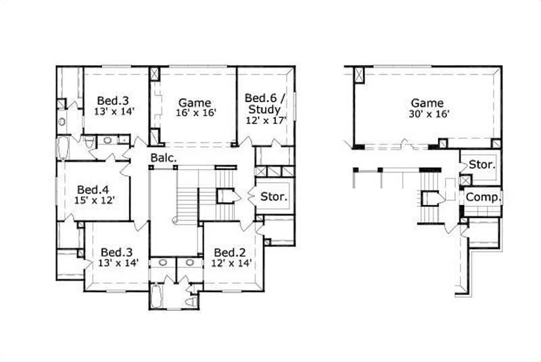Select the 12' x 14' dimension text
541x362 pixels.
point(230,263)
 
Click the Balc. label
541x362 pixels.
point(164,158)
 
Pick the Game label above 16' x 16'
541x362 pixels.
point(195,103)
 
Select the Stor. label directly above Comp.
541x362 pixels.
point(482,164)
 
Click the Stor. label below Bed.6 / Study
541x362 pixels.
point(274,198)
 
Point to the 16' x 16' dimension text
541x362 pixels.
point(196,114)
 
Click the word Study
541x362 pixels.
point(262,108)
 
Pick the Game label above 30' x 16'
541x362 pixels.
point(427,103)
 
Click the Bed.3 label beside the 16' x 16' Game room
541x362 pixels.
point(112,97)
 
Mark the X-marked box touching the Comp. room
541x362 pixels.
point(465,181)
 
